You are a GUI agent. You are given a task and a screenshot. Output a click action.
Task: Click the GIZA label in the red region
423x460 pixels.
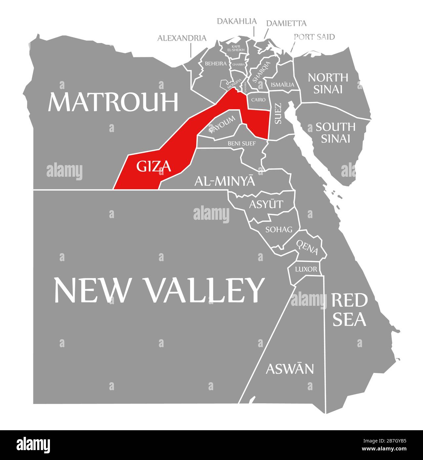154,166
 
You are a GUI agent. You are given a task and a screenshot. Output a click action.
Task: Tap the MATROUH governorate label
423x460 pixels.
113,102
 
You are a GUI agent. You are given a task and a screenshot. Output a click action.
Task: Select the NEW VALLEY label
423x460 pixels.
159,290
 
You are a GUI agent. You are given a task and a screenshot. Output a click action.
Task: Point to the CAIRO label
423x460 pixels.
258,99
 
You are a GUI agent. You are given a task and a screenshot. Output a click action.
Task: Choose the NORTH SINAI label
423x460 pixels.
328,83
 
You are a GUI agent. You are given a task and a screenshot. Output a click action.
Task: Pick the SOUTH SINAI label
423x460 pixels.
335,132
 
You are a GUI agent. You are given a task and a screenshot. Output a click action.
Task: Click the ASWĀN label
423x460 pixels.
290,369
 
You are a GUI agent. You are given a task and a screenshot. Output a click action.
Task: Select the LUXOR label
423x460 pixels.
306,269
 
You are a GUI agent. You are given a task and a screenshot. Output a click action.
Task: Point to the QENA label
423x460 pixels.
307,248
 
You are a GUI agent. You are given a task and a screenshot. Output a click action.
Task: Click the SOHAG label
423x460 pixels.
279,229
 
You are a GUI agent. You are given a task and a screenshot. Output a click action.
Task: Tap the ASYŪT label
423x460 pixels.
266,204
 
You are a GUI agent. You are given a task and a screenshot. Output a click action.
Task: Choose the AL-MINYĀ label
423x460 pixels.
225,181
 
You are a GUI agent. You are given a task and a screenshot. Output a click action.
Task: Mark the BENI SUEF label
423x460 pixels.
241,144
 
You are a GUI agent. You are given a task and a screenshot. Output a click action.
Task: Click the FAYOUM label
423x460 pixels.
222,124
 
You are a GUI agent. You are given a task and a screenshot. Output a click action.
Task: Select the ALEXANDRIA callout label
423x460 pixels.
182,38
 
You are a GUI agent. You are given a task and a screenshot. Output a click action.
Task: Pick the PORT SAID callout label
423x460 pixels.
314,37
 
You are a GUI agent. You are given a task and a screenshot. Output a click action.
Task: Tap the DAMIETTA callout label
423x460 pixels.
286,23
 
